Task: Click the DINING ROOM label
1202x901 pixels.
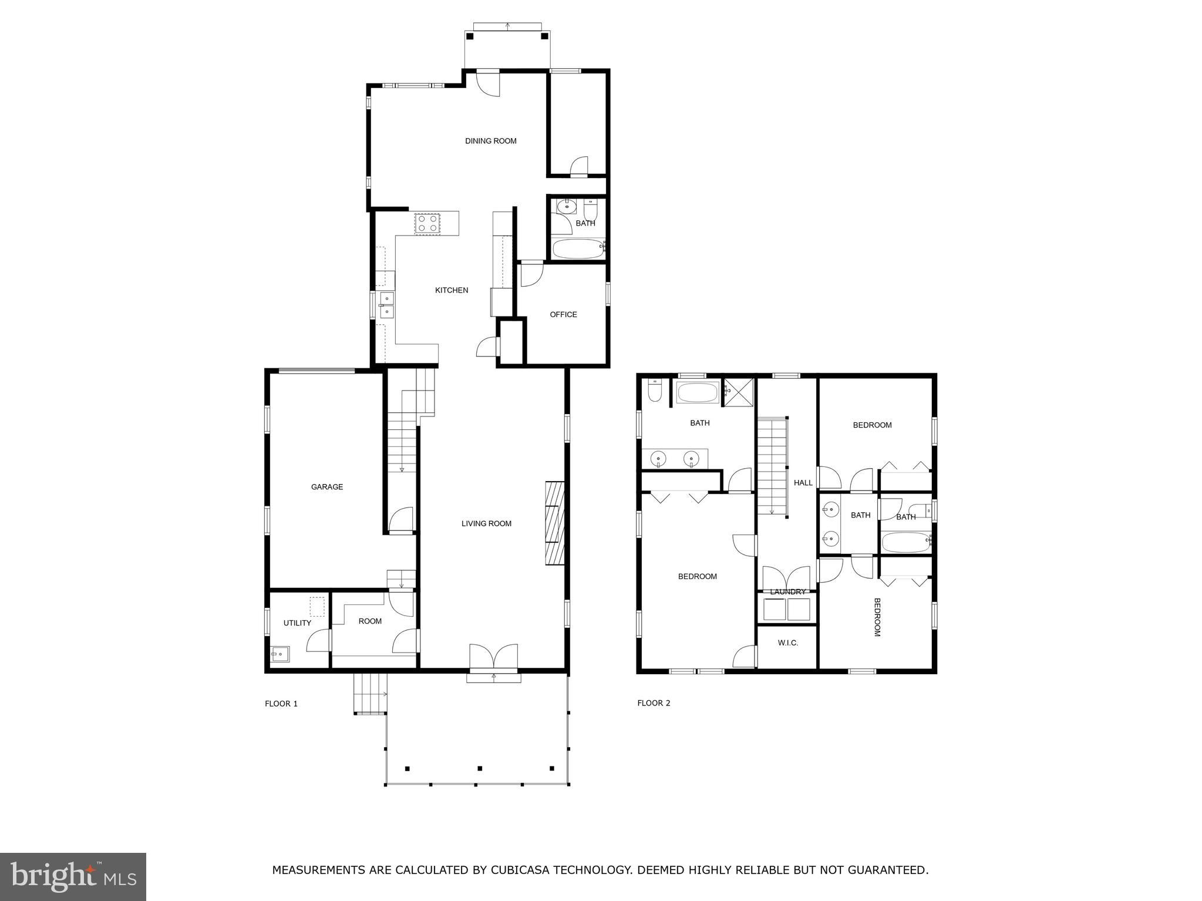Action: point(490,141)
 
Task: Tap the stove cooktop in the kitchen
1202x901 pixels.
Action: point(427,224)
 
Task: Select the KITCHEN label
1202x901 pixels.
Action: point(451,290)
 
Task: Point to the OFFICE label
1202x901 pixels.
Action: point(563,315)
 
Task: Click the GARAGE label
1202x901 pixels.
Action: point(326,487)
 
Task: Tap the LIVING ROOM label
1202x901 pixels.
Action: point(486,524)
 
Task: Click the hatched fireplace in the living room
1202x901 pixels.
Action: point(555,523)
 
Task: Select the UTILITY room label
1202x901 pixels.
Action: point(297,623)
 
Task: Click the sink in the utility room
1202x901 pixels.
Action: point(280,653)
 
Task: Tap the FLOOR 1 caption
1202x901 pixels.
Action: point(281,704)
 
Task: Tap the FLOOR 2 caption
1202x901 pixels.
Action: point(654,703)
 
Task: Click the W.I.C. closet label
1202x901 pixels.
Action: point(787,643)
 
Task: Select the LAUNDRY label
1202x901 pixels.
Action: point(787,592)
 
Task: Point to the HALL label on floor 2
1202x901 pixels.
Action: point(803,483)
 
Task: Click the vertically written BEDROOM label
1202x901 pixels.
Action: point(877,617)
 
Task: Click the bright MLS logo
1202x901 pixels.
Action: point(73,877)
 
